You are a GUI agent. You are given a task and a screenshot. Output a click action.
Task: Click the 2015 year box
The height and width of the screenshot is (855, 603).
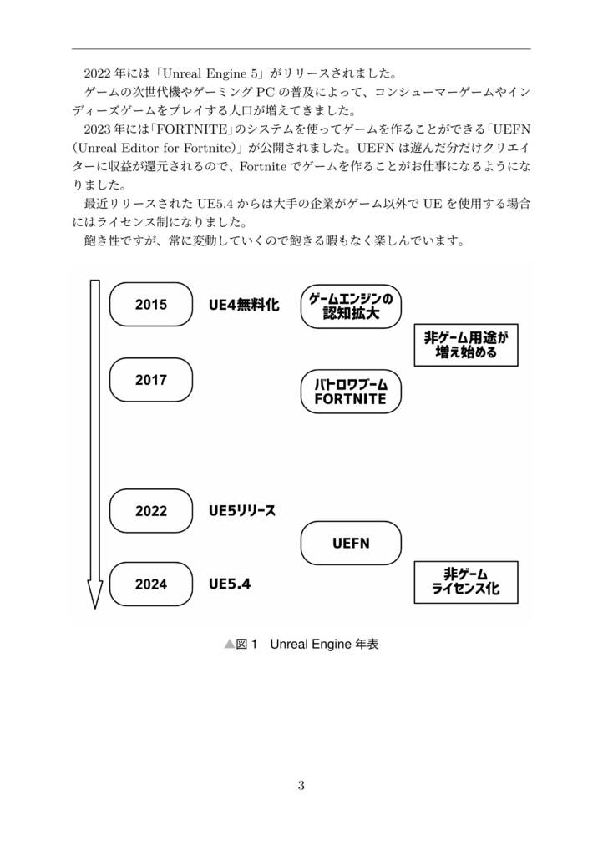pos(151,305)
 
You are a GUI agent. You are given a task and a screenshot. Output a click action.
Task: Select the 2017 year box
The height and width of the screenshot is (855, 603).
pos(151,380)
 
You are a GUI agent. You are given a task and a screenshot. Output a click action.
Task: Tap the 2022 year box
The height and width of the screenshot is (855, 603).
pos(151,511)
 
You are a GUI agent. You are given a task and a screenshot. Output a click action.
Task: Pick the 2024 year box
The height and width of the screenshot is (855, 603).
pos(151,584)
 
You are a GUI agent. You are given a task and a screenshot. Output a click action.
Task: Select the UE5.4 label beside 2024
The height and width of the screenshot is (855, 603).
pos(230,584)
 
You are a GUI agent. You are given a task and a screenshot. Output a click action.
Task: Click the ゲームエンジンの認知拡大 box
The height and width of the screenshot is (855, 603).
pos(351,306)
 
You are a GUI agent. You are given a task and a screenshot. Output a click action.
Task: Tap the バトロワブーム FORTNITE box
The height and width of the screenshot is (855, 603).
pos(351,392)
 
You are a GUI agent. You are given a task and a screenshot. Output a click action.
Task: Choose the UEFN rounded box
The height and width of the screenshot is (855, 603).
pos(351,544)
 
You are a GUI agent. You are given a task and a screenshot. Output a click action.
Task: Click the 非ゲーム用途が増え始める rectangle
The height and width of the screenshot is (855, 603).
pos(466,345)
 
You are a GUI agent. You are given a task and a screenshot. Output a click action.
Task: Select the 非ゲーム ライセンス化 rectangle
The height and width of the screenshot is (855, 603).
pos(466,582)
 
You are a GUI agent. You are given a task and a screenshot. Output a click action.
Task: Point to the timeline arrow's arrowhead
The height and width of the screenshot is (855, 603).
pos(94,596)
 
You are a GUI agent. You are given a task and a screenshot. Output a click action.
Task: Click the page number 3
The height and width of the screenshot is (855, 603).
pos(301,784)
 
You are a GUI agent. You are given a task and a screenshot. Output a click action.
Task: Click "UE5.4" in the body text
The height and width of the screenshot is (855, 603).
pos(214,204)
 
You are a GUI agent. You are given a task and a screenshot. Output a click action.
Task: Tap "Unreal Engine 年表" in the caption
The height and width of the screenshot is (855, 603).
pos(325,645)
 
